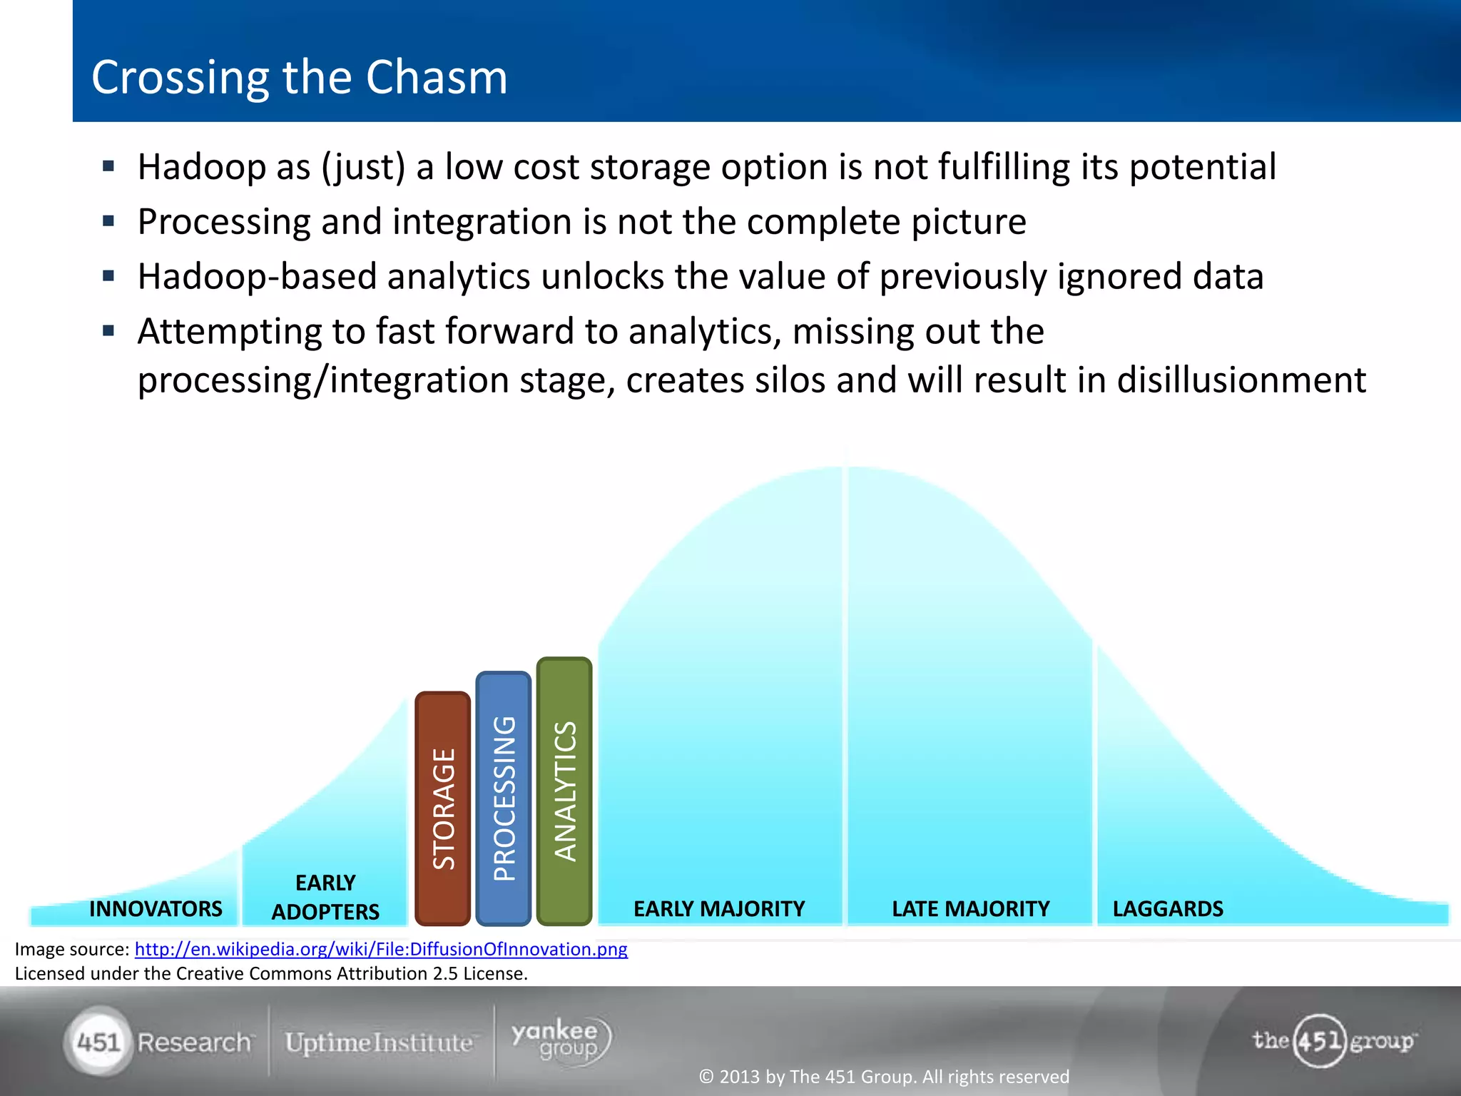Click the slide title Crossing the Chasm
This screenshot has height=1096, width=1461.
(299, 77)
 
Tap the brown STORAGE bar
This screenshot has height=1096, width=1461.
(442, 808)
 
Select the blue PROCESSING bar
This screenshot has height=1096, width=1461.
(504, 798)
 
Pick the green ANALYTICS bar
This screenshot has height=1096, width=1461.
(564, 791)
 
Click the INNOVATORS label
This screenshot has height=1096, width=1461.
(156, 908)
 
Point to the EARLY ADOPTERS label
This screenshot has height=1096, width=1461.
(325, 897)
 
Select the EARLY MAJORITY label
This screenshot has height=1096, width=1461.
(718, 908)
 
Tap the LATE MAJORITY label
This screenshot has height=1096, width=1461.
(970, 908)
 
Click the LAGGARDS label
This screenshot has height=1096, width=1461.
(1168, 908)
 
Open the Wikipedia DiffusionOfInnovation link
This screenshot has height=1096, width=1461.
(381, 949)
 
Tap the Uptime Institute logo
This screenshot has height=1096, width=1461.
(379, 1042)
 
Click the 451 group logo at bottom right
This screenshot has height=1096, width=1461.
(1333, 1040)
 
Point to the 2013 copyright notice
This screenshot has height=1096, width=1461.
(884, 1076)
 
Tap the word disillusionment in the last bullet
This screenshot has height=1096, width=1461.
(1241, 380)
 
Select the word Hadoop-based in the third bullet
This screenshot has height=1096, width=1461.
(257, 277)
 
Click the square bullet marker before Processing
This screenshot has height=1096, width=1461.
(108, 221)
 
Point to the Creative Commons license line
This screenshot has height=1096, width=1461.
(271, 973)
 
